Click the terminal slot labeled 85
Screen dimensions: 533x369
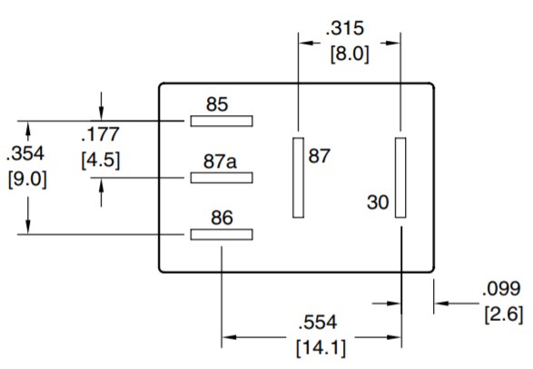222,121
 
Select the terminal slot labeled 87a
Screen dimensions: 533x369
222,178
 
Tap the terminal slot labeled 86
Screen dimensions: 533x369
222,234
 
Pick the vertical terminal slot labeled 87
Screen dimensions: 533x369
298,178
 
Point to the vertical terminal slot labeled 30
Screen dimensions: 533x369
400,178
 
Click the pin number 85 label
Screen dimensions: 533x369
217,104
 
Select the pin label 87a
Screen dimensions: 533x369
220,161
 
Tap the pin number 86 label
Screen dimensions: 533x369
222,218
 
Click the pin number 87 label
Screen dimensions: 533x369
320,156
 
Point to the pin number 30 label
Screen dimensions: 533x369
378,202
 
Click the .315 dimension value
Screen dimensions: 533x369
345,28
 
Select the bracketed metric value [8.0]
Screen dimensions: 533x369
350,53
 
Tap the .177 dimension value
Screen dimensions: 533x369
101,134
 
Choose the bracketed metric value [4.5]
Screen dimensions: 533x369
101,160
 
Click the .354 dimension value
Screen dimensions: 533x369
25,153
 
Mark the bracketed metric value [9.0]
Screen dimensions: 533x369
27,179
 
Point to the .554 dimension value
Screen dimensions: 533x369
318,322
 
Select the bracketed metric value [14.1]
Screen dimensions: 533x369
321,348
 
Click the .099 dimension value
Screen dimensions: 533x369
501,289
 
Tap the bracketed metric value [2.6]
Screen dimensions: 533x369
504,315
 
